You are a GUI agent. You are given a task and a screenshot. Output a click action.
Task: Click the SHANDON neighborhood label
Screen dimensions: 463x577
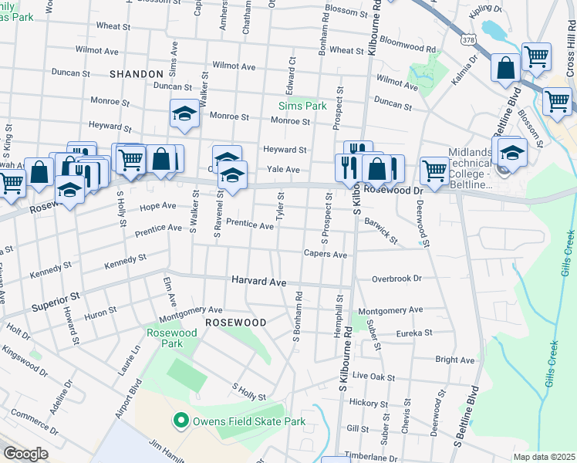pos(137,74)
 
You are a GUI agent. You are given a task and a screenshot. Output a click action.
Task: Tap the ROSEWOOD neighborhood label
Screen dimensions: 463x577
pos(235,322)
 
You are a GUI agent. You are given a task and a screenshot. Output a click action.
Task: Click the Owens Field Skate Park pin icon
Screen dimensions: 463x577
pos(181,421)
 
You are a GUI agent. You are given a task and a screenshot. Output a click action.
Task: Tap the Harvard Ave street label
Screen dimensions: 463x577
pos(259,282)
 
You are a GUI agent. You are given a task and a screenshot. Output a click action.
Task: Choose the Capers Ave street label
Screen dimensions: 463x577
pos(325,254)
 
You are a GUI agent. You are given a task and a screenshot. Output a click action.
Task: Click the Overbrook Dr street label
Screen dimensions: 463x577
pos(396,279)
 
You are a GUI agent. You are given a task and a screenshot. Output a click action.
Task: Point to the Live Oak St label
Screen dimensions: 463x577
pos(373,376)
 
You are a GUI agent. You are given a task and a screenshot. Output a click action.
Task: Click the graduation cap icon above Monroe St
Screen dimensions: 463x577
pos(184,114)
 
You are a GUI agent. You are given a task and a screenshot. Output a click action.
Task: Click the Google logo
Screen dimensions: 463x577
pos(25,454)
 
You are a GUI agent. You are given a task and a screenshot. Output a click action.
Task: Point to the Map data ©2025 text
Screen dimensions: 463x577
pos(543,457)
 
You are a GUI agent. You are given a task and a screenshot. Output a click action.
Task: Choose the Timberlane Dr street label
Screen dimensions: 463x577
pos(375,456)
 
